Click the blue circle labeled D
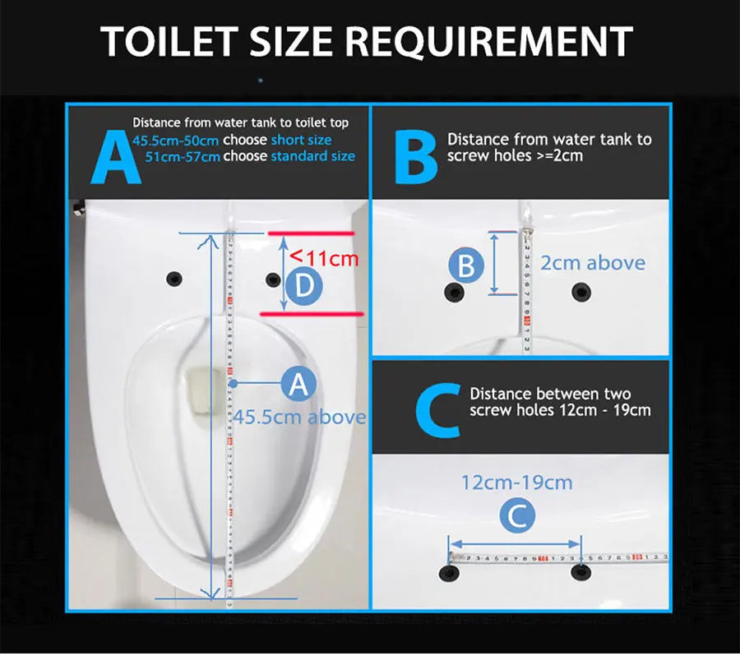click(303, 285)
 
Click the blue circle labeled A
click(298, 383)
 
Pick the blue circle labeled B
click(466, 266)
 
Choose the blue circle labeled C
click(518, 516)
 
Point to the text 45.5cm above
click(300, 417)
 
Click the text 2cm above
click(592, 263)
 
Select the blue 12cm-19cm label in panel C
click(516, 482)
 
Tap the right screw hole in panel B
click(581, 290)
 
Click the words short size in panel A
click(302, 140)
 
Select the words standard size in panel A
click(313, 156)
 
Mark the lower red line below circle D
click(312, 313)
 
